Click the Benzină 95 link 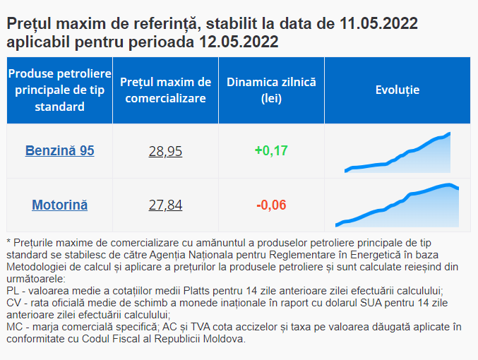click(x=60, y=150)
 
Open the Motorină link click(x=60, y=205)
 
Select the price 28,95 click(x=165, y=151)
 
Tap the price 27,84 click(x=165, y=205)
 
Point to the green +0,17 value click(x=271, y=150)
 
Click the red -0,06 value click(x=271, y=205)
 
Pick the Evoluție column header click(x=398, y=90)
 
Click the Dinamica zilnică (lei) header click(x=271, y=90)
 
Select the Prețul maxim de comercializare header click(x=165, y=90)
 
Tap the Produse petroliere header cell click(x=60, y=90)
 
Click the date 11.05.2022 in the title click(x=378, y=23)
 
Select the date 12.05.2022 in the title click(x=239, y=42)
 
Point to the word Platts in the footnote click(x=196, y=291)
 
